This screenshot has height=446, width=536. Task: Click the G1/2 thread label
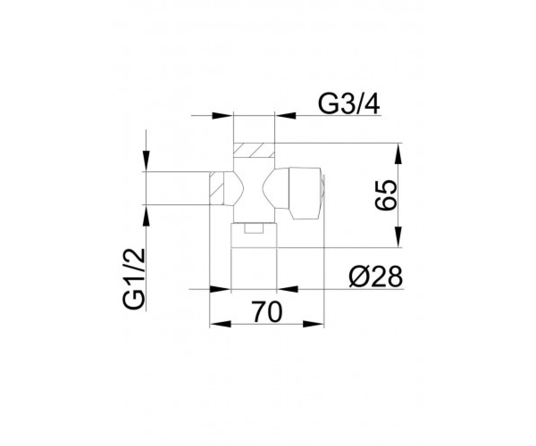click(x=134, y=279)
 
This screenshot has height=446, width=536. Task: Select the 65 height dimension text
click(x=385, y=195)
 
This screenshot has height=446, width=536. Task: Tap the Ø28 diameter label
click(x=376, y=277)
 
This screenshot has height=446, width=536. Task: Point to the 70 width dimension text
click(x=267, y=312)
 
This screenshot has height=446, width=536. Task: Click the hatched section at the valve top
click(x=254, y=150)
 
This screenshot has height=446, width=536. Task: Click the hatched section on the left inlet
click(x=216, y=188)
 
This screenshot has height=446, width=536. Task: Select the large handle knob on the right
click(x=305, y=194)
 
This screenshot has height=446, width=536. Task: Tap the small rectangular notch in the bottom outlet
click(x=254, y=228)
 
